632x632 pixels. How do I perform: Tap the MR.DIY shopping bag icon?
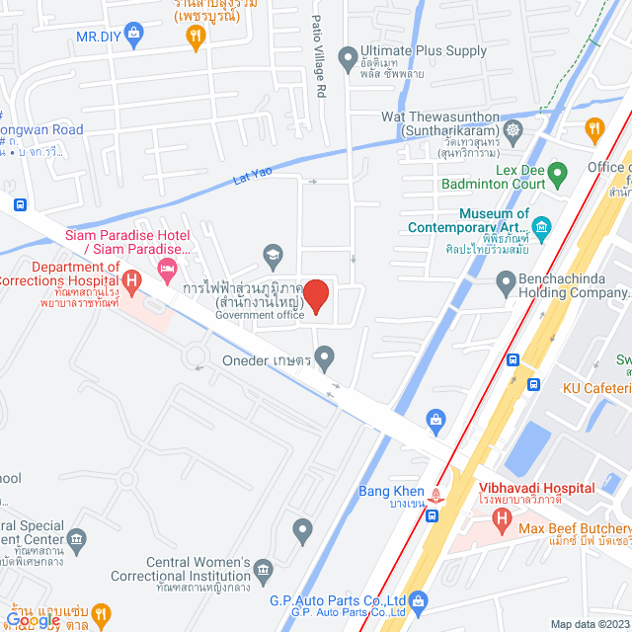134,36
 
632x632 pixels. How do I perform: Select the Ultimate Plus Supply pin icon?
347,58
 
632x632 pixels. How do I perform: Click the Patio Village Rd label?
318,55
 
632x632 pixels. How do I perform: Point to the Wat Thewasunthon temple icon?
513,129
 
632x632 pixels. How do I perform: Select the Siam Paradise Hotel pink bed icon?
169,269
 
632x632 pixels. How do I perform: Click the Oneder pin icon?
324,355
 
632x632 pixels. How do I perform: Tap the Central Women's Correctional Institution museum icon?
263,569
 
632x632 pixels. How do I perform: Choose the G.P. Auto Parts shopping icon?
418,599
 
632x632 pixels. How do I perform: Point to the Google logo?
32,621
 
